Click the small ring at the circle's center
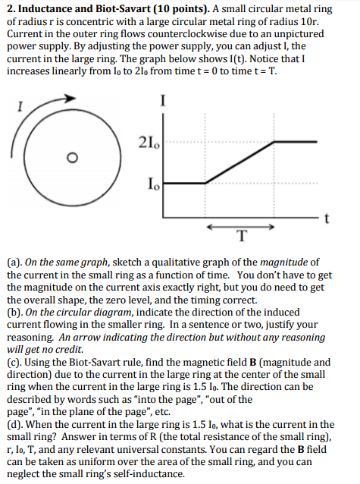point(71,157)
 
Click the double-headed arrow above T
point(240,226)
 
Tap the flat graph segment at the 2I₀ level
point(297,141)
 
